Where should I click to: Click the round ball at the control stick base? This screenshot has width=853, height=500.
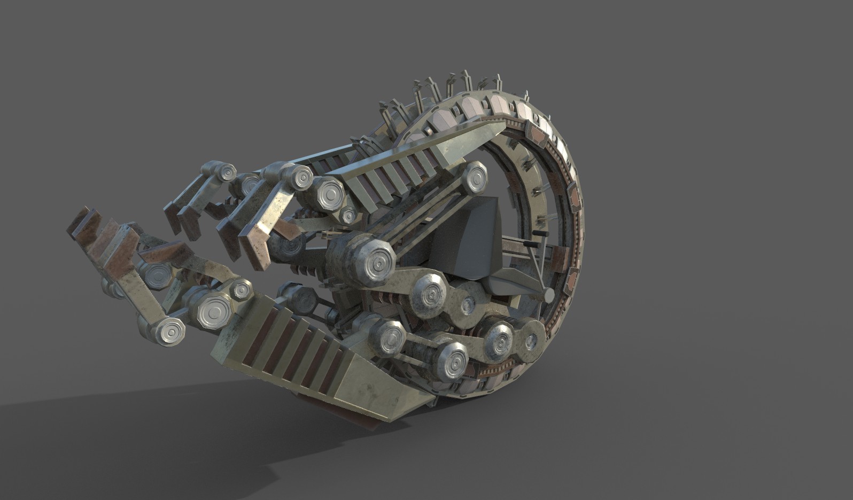tap(549, 294)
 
